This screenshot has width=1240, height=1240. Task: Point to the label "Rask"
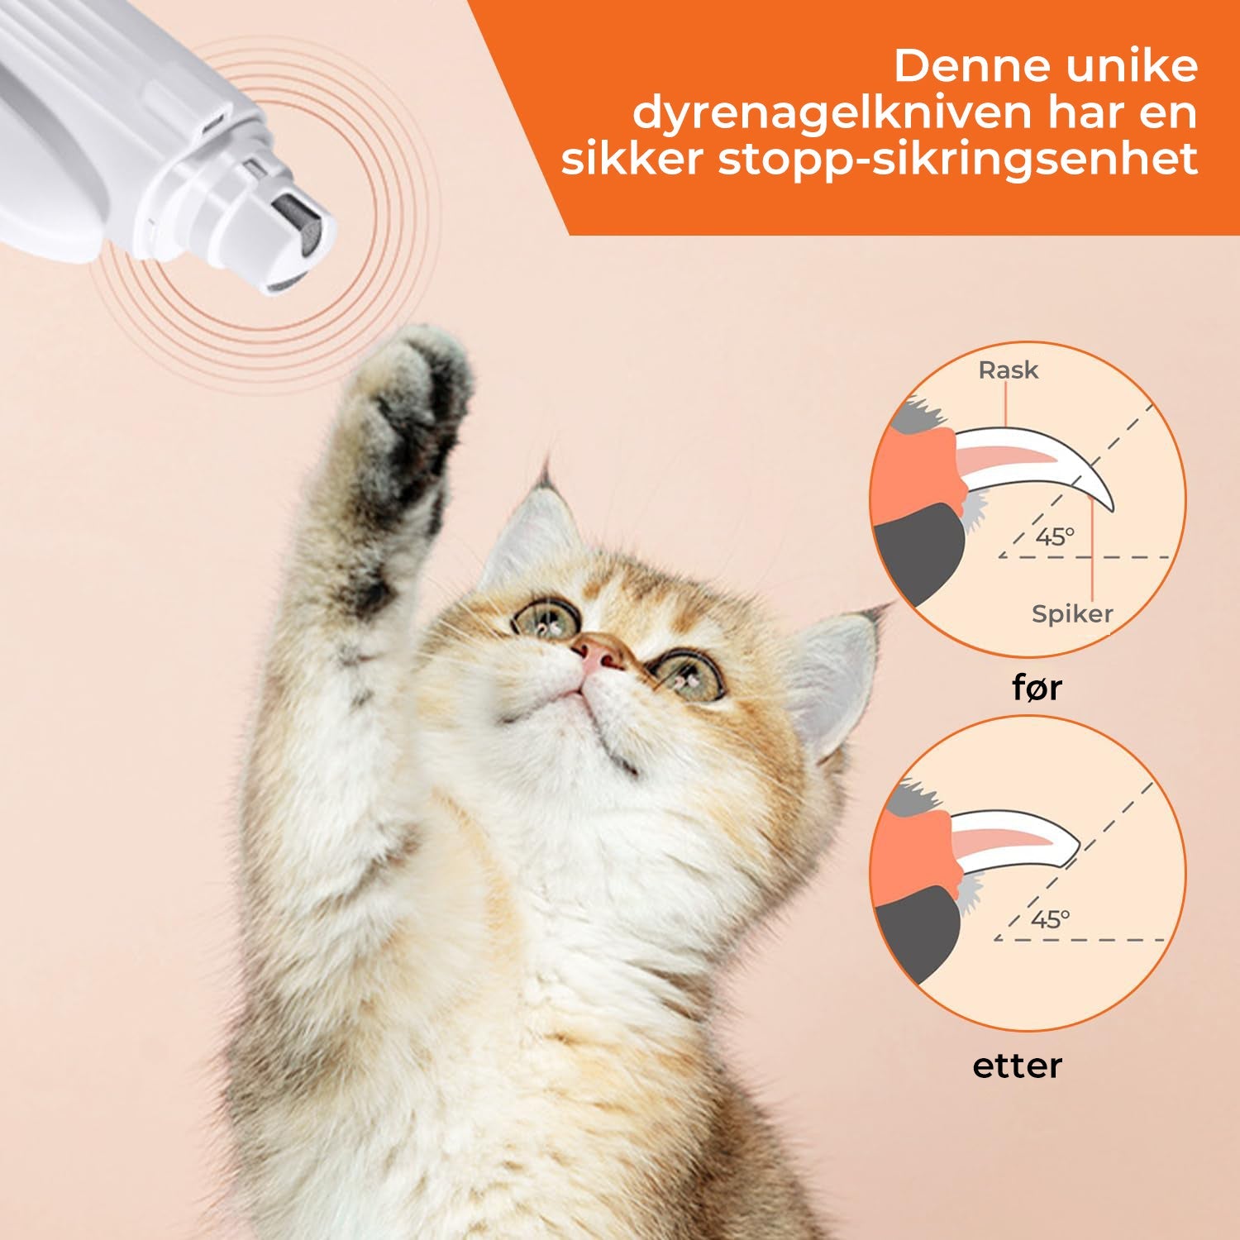[1008, 370]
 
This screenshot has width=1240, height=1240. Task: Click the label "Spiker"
[1071, 613]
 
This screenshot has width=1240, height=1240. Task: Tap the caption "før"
[1037, 687]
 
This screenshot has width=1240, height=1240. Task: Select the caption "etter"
[1017, 1066]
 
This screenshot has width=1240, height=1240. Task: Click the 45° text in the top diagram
[1054, 537]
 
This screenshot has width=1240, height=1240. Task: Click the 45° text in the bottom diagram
[1050, 919]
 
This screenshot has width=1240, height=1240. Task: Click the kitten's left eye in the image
[545, 618]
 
